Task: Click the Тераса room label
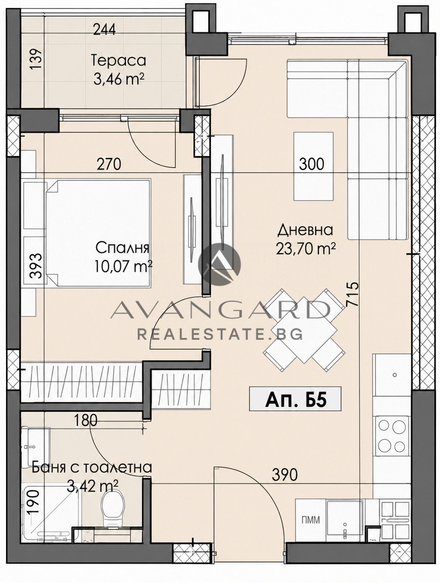coord(119,61)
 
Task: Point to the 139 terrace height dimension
coord(36,59)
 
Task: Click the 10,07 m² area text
coord(123,266)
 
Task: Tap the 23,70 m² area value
coord(306,248)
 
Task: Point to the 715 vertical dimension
coord(353,294)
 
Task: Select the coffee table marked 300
coord(313,166)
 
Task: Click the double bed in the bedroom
coord(98,233)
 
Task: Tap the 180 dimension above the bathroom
coord(86,421)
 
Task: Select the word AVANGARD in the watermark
coord(220,310)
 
